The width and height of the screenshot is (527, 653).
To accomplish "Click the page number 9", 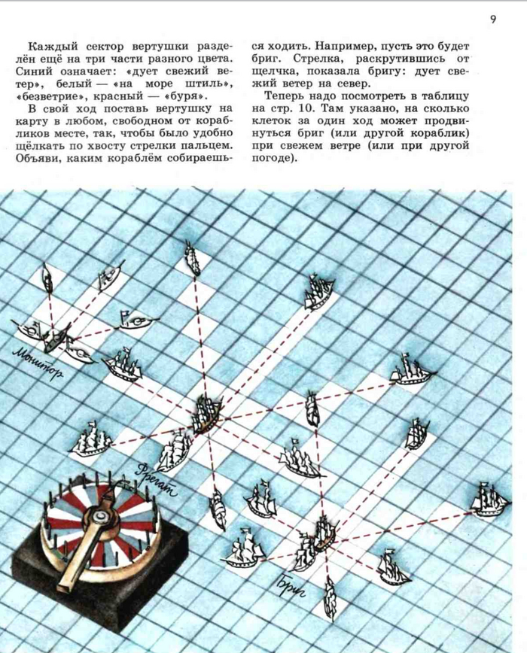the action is (x=493, y=20).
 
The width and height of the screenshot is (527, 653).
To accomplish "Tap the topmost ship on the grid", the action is (x=193, y=258).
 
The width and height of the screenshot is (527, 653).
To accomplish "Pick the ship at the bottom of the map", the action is (x=331, y=598).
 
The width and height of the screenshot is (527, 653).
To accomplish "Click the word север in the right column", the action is (x=353, y=84).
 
